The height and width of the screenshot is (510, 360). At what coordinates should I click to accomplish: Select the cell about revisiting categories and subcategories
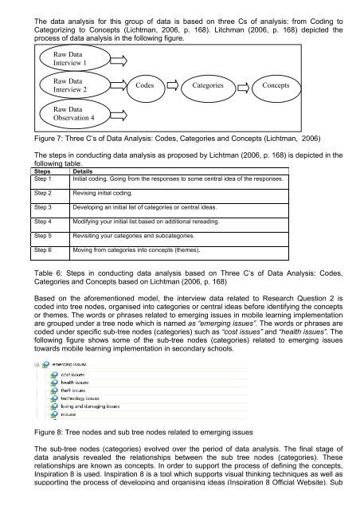click(136, 236)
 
